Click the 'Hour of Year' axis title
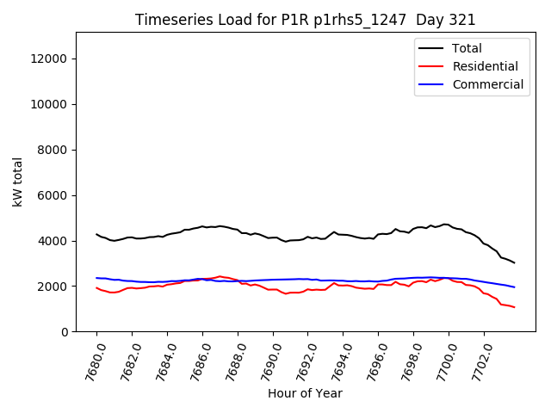(x=305, y=394)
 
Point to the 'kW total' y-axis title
(x=17, y=182)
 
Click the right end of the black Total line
(x=515, y=262)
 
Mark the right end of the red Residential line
(x=515, y=307)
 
